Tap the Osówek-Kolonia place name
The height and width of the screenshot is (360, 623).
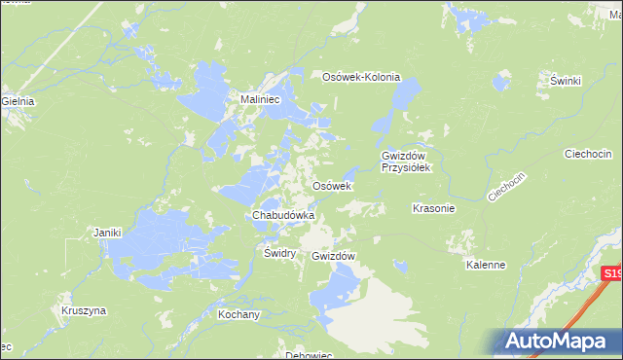tap(361, 78)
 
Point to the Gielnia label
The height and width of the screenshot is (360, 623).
tap(18, 101)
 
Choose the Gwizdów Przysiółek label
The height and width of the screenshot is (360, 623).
tap(405, 162)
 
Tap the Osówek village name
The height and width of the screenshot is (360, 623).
tap(331, 186)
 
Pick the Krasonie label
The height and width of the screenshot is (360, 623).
tap(434, 208)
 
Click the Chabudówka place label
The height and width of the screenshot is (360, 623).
tap(282, 215)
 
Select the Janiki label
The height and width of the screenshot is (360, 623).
tap(106, 233)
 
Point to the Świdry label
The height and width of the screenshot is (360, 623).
tap(279, 252)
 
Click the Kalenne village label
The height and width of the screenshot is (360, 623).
tap(486, 265)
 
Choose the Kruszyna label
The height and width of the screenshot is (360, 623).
tap(83, 311)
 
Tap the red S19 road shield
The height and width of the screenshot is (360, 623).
tap(611, 275)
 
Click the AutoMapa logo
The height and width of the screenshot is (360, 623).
tap(559, 341)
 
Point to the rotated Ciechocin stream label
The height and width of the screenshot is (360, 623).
tap(506, 186)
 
